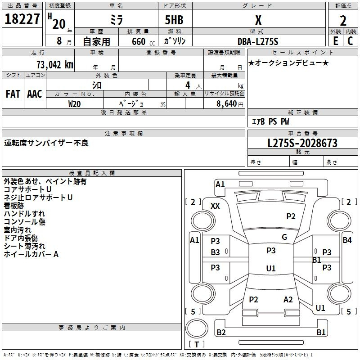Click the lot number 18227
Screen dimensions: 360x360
[x=22, y=19]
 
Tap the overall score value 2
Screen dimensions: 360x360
[x=343, y=21]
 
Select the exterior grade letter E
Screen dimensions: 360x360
[x=336, y=41]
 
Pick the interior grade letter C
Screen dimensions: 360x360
[x=350, y=41]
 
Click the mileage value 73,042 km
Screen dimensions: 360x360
[x=55, y=65]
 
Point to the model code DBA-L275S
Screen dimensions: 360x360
[x=258, y=41]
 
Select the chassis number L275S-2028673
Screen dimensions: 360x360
[x=302, y=143]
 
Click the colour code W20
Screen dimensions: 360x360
[x=74, y=104]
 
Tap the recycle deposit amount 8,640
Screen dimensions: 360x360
[x=226, y=103]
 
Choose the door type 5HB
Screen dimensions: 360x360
[x=174, y=20]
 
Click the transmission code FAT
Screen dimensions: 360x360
[x=13, y=94]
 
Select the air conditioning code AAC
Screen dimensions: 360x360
[x=35, y=94]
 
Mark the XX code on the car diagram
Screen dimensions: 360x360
[x=215, y=206]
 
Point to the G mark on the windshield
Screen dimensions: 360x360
[x=284, y=237]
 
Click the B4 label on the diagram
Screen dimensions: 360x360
[x=347, y=240]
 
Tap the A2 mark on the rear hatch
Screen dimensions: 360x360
[x=288, y=299]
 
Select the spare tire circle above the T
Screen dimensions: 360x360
[x=197, y=328]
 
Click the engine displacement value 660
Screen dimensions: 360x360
[x=139, y=41]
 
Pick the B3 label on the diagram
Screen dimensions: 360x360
[x=215, y=252]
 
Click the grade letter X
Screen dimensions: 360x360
[x=258, y=20]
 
